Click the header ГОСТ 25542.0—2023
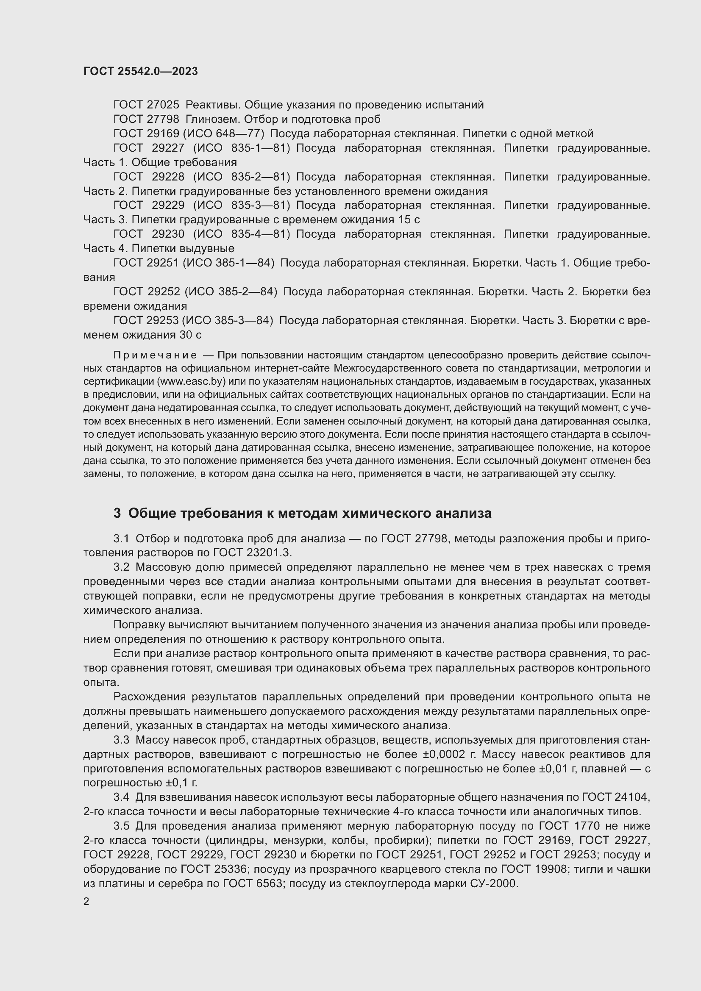pos(140,71)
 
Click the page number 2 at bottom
pos(86,902)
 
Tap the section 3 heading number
pos(117,513)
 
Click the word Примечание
pos(155,355)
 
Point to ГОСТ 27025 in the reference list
pos(146,105)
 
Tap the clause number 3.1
pos(121,539)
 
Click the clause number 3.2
pos(121,567)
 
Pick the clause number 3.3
pos(121,740)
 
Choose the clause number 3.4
pos(121,797)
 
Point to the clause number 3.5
pos(121,826)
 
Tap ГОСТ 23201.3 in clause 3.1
pos(252,553)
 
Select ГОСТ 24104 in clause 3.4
pos(615,797)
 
